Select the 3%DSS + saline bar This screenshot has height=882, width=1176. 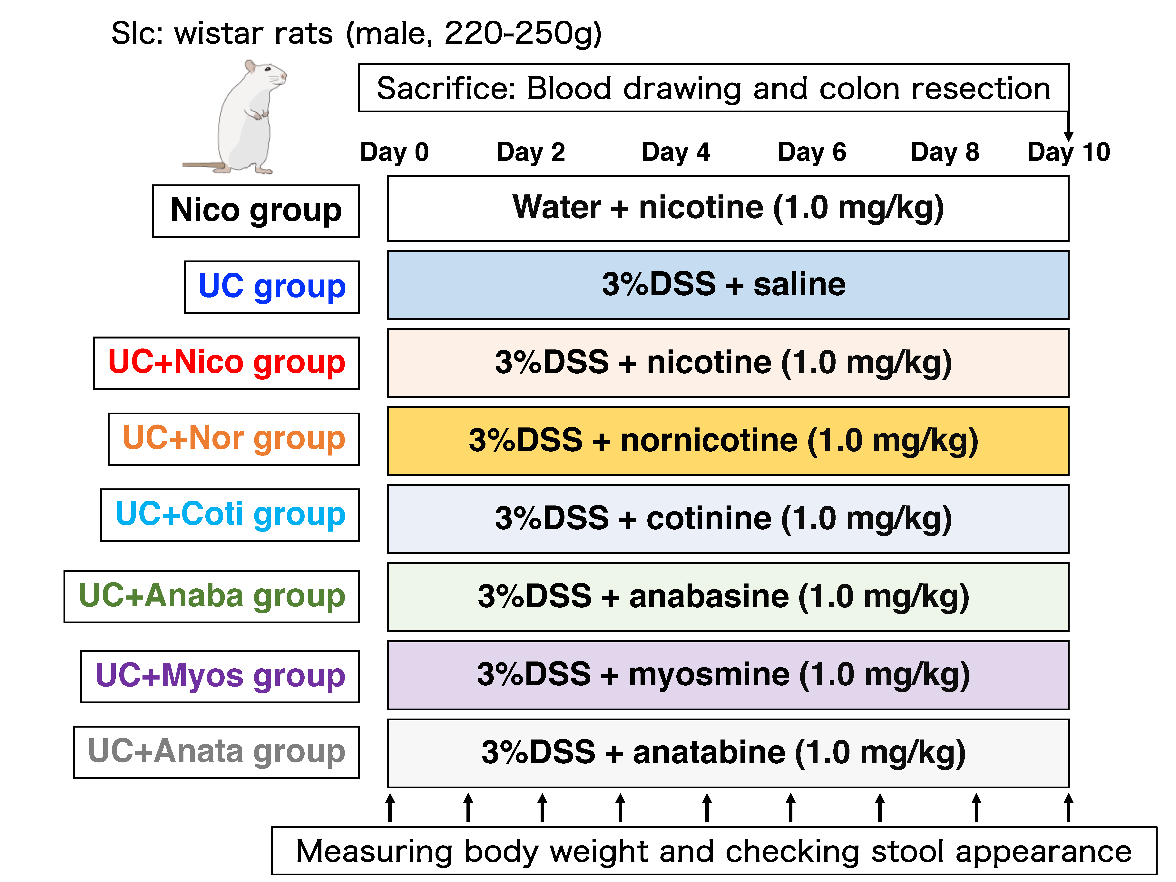click(728, 285)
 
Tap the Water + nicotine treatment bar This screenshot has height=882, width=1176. click(728, 208)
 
